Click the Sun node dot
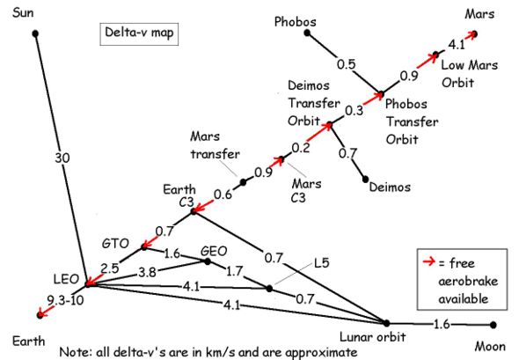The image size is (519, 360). [x=35, y=33]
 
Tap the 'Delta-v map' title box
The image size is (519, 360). [x=139, y=33]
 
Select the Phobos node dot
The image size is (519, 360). [x=307, y=33]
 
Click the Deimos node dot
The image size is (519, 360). [x=365, y=180]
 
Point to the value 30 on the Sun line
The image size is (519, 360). [x=62, y=158]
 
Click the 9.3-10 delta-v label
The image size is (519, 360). [x=65, y=301]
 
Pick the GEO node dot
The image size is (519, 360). [x=208, y=261]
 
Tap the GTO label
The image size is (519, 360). [x=115, y=244]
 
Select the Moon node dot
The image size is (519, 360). [x=493, y=325]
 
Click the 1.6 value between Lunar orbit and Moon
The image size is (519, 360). [x=442, y=324]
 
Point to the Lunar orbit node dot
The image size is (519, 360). [x=386, y=323]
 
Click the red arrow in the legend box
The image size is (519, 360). [x=428, y=261]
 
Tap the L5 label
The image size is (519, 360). [x=322, y=263]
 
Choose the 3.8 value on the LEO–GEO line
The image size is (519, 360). [x=147, y=272]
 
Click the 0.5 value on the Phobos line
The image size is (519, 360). [x=346, y=64]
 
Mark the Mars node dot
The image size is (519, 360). [x=475, y=33]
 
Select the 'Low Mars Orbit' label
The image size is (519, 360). [x=470, y=74]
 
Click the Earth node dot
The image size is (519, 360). [x=40, y=315]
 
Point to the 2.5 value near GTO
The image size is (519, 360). [x=110, y=268]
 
